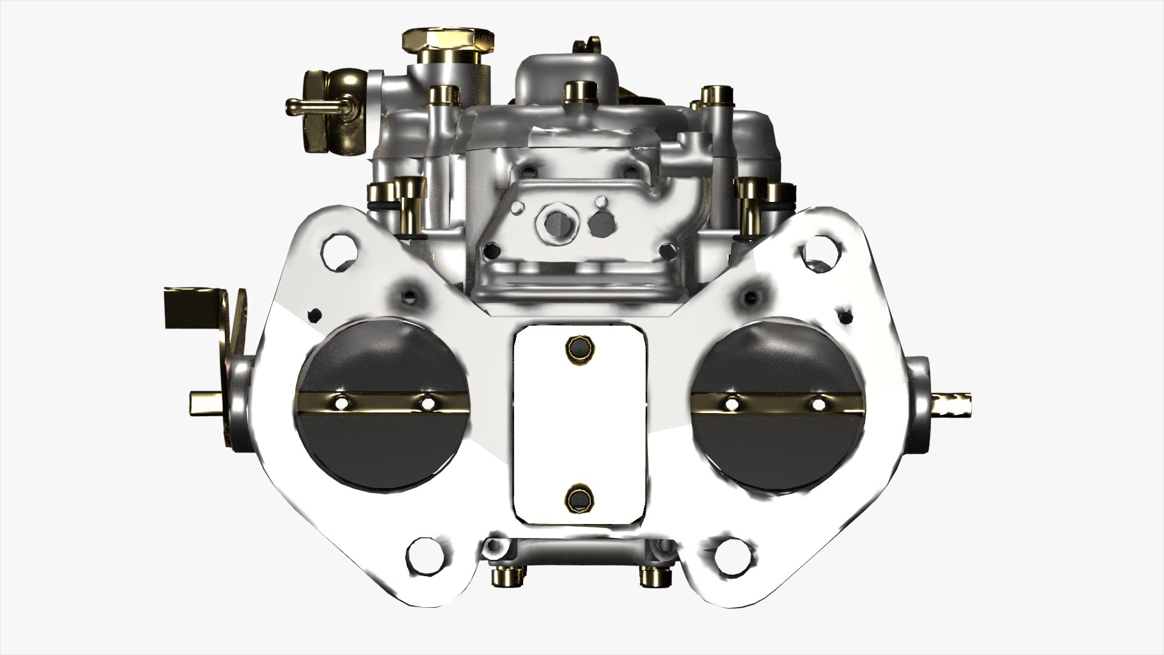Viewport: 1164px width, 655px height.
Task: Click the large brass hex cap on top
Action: (x=447, y=42)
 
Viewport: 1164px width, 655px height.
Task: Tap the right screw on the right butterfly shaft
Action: (x=818, y=403)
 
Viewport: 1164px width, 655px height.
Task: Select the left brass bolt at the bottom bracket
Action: (x=505, y=577)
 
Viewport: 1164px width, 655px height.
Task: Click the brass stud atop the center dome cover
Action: (x=573, y=92)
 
